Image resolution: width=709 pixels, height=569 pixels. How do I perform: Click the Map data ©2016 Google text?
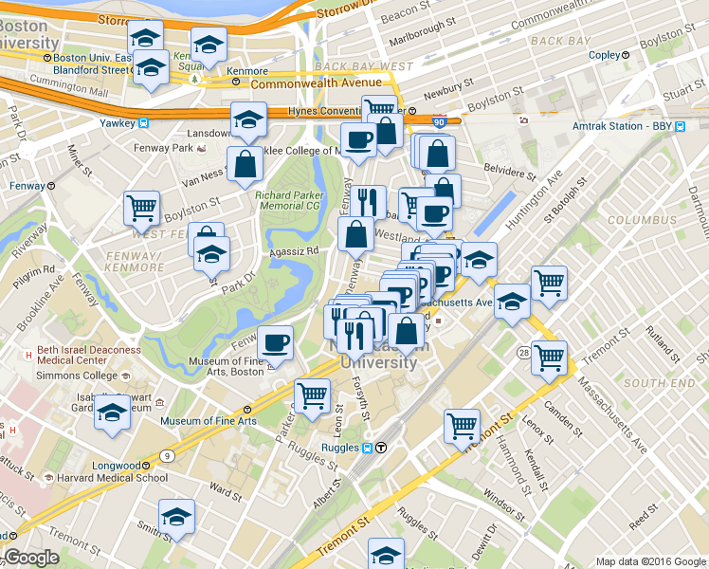(x=650, y=561)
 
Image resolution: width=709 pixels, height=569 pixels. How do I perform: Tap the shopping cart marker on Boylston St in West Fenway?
(x=142, y=207)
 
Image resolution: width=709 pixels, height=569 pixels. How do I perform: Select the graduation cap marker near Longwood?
(x=112, y=413)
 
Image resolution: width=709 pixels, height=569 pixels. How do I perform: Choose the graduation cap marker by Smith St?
(x=176, y=516)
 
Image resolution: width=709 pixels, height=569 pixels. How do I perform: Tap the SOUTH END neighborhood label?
(x=651, y=382)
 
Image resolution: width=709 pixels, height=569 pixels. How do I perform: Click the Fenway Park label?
(x=166, y=148)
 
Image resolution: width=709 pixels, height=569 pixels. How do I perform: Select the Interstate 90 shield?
(x=438, y=122)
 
